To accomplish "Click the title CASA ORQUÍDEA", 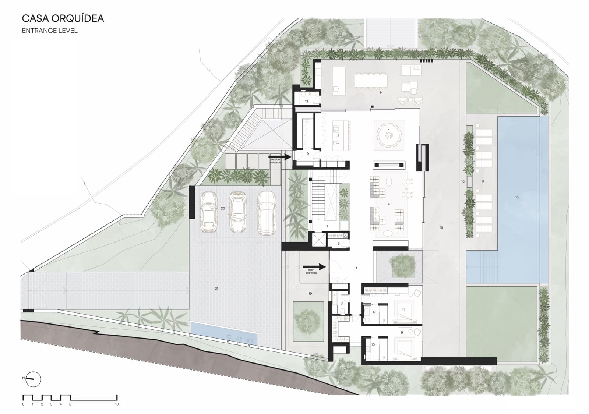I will click(63, 18).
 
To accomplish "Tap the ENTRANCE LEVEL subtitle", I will click(50, 31).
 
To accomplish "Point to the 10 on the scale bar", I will click(117, 404).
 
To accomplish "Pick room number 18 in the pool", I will click(517, 198).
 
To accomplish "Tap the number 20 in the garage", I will click(223, 208).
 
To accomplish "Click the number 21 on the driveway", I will click(216, 289).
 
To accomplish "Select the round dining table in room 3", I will click(389, 134).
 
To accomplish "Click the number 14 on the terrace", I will click(381, 93).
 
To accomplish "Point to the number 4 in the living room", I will click(389, 204).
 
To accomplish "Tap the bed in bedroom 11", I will click(405, 311).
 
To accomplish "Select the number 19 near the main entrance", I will click(310, 294).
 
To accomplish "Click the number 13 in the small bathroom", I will click(306, 101).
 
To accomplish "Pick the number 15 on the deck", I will click(441, 228).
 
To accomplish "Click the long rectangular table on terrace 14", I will click(371, 81).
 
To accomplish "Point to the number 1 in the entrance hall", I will click(356, 268).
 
